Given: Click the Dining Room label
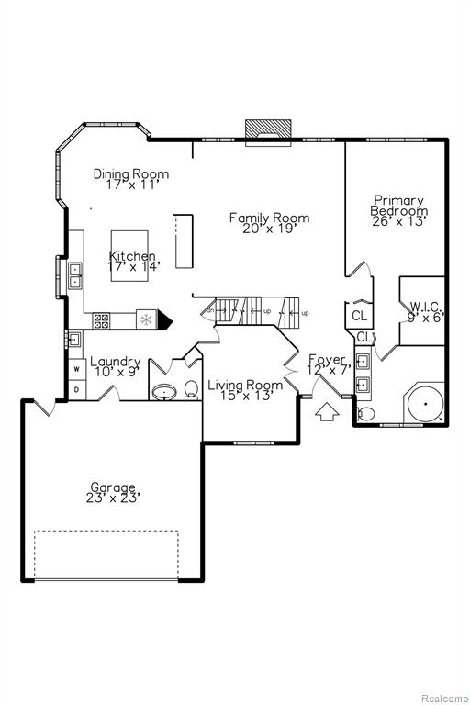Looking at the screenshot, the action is tap(131, 174).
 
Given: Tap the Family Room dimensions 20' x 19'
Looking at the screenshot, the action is tap(269, 229).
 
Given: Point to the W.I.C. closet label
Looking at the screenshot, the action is tap(427, 307).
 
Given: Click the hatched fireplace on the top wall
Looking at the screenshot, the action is tap(268, 131).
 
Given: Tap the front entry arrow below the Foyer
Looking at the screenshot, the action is tap(327, 412).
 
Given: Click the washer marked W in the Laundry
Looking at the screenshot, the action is tap(77, 369).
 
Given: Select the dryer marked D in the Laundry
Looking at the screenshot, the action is tap(77, 390).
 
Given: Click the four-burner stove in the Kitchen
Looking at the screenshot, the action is tap(101, 320).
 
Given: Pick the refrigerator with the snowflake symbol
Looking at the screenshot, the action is tap(146, 319).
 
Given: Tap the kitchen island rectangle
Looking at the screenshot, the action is tap(129, 256).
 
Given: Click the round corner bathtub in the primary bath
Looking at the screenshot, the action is tap(425, 403).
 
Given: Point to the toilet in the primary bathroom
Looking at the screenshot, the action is tap(365, 413).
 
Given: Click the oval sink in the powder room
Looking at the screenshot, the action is tap(165, 392).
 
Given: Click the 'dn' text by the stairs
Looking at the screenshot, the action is tap(210, 310).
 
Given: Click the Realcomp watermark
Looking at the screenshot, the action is tap(444, 698).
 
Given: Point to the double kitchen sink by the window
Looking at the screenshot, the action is tap(74, 275).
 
